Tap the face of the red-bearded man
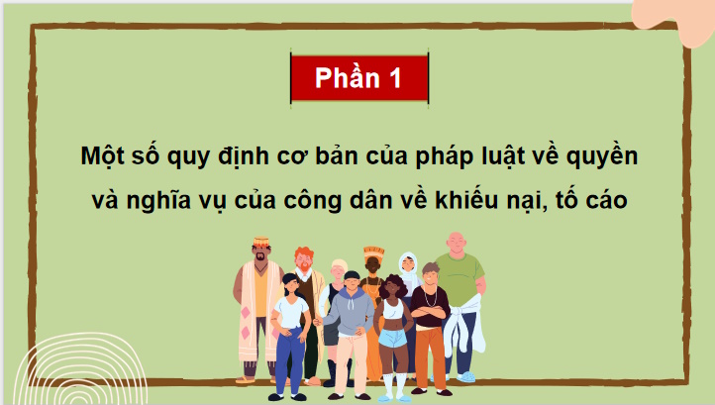(x=303, y=258)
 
